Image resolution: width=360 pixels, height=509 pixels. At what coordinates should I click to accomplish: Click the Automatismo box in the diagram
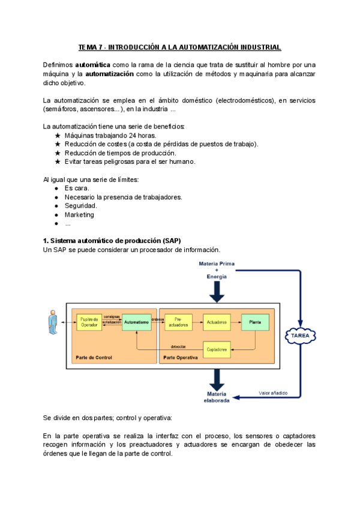tap(137, 322)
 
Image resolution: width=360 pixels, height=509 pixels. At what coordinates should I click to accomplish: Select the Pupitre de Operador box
tap(89, 322)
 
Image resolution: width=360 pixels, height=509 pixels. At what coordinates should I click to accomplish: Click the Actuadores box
tap(217, 322)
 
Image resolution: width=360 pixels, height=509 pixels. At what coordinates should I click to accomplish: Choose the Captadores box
tap(217, 349)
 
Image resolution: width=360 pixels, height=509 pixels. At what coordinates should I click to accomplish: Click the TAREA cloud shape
tap(300, 336)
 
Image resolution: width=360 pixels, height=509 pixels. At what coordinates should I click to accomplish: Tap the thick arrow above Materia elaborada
tap(217, 379)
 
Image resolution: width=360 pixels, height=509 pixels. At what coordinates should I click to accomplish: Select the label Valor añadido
tap(273, 393)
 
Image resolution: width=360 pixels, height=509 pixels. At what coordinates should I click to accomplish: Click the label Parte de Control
tap(94, 357)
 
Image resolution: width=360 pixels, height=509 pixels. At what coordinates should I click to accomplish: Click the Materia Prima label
tap(216, 264)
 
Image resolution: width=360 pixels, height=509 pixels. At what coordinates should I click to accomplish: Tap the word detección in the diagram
tap(178, 346)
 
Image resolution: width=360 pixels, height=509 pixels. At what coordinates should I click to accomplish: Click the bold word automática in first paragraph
tap(92, 64)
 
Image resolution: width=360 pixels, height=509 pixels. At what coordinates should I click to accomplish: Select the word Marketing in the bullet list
tap(79, 215)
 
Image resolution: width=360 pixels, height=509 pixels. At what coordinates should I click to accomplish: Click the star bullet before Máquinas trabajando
tap(58, 136)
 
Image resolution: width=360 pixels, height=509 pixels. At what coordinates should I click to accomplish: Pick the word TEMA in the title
tap(88, 47)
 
